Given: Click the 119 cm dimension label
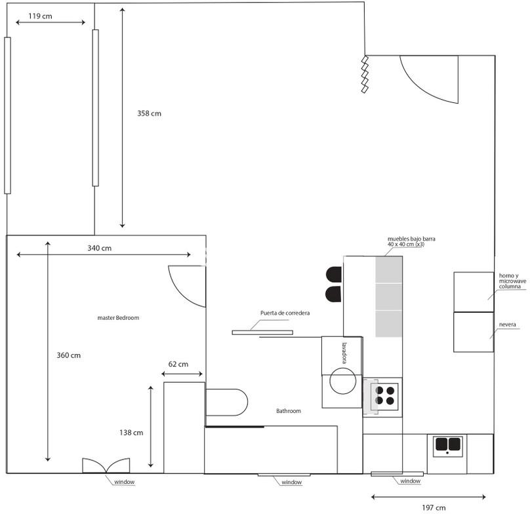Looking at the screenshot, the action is point(40,16).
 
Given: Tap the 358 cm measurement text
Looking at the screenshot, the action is point(149,113).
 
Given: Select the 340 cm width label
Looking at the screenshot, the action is point(100,248).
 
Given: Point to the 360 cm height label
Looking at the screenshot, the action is point(69,355).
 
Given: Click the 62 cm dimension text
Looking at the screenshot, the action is point(178,364).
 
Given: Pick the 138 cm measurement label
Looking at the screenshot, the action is point(131,433).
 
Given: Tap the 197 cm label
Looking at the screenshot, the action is point(434,507).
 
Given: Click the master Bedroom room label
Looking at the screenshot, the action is point(118,318).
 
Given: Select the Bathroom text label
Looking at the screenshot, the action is point(289,411).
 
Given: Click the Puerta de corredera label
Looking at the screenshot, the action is point(285,313).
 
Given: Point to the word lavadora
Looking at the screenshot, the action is point(344,353).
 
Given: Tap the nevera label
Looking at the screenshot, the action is point(507,325).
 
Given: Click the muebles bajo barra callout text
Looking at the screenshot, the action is point(411,241).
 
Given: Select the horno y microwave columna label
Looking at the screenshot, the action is point(512,281).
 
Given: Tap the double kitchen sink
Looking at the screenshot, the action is point(448,446).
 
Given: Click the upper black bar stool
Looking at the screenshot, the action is point(334,274).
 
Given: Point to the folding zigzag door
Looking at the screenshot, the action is point(365,74).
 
